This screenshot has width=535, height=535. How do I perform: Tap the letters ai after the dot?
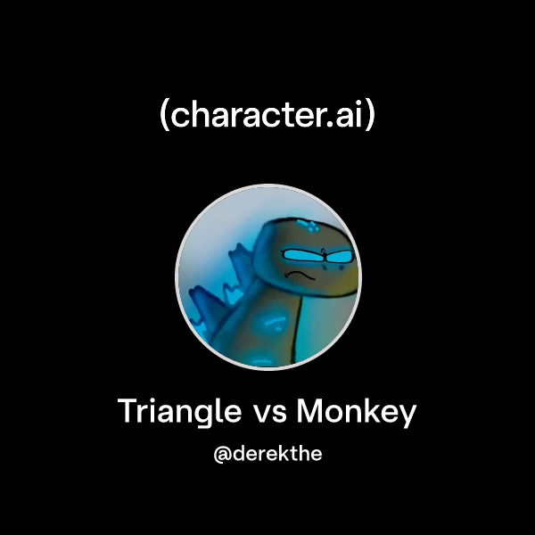pyautogui.click(x=351, y=116)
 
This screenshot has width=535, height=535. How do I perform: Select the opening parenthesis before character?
pyautogui.click(x=164, y=117)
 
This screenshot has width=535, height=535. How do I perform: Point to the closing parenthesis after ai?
pyautogui.click(x=371, y=117)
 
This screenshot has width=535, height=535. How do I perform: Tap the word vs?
pyautogui.click(x=269, y=414)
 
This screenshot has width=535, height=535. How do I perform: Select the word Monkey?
pyautogui.click(x=357, y=413)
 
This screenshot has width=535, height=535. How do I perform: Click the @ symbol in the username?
pyautogui.click(x=223, y=454)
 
